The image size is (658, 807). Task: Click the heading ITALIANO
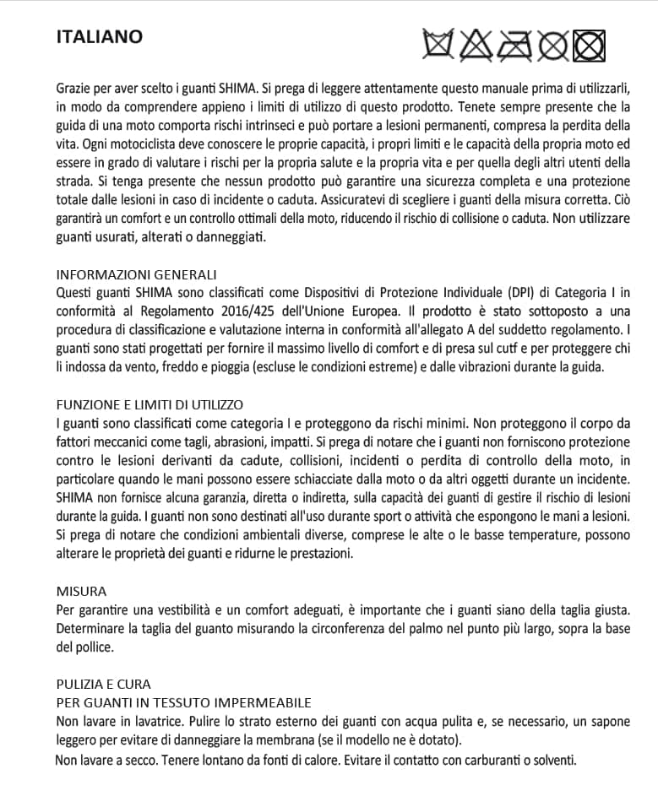99,37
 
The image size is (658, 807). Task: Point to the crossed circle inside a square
590,44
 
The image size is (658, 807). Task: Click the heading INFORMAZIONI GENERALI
136,275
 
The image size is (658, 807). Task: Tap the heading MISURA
81,591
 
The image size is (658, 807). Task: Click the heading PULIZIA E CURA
104,684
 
